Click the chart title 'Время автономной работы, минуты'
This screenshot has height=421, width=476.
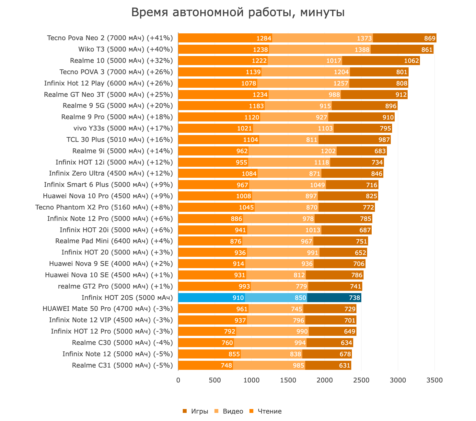coord(238,13)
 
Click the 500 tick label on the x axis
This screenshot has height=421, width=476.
coord(215,380)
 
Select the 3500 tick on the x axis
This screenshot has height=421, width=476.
coord(435,380)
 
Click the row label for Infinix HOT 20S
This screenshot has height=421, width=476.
coord(127,298)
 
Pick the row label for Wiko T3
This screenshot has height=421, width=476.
coord(125,49)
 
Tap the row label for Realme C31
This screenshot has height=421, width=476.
coord(122,365)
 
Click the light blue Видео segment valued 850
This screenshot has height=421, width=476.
coord(276,298)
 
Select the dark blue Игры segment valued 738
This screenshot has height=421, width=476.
coord(334,298)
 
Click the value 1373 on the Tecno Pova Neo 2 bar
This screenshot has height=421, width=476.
coord(364,38)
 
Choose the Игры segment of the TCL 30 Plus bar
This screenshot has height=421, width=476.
coord(354,140)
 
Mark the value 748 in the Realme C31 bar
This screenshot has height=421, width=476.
coord(226,365)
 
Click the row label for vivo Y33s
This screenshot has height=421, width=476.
coord(123,128)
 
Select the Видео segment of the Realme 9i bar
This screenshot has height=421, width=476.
coord(292,151)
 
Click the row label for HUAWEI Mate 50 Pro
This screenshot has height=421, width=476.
coord(108,309)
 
